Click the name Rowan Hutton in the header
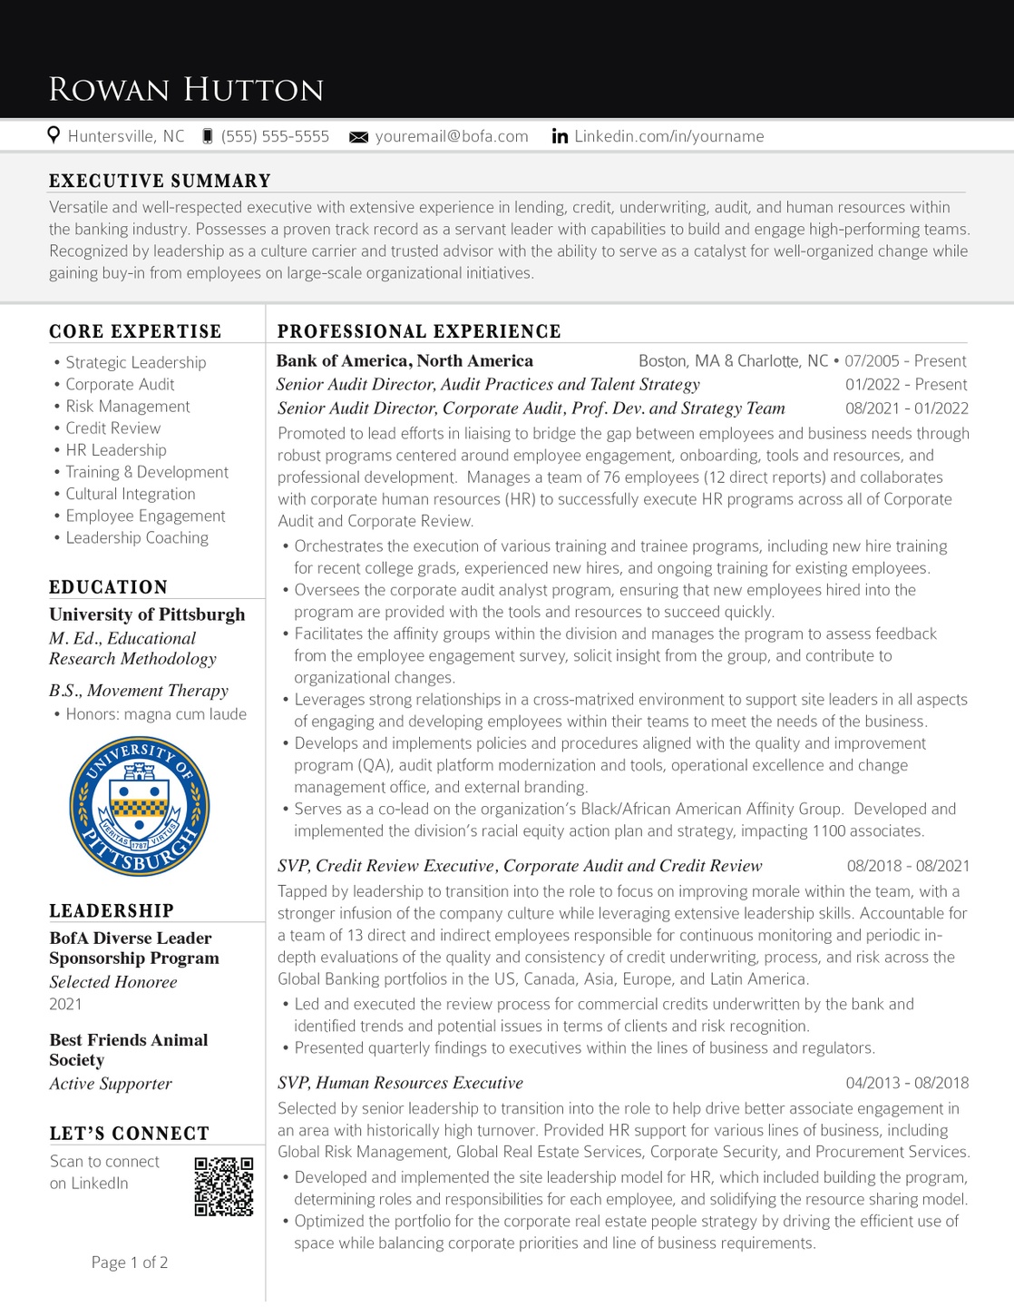[x=186, y=90]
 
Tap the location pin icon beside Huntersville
[x=54, y=135]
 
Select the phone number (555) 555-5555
[x=275, y=136]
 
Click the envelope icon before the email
[x=359, y=137]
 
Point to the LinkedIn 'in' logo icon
[x=560, y=136]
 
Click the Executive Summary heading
[x=160, y=181]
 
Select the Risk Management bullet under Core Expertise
[x=127, y=407]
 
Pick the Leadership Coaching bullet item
[x=136, y=537]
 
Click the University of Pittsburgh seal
[x=140, y=806]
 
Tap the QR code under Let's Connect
[x=224, y=1186]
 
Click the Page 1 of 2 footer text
[x=130, y=1263]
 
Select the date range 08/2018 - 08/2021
[x=908, y=866]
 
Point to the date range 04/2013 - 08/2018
[x=907, y=1083]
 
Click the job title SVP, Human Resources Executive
[x=400, y=1083]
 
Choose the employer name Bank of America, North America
[x=405, y=361]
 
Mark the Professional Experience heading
[x=419, y=331]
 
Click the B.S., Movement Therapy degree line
[x=139, y=691]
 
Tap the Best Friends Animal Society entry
[x=129, y=1050]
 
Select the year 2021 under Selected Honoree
[x=65, y=1004]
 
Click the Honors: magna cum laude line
[x=155, y=714]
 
